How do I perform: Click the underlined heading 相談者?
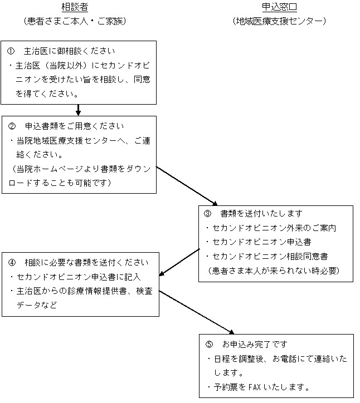(75, 7)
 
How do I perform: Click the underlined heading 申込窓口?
(279, 7)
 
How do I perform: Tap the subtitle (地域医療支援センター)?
(279, 21)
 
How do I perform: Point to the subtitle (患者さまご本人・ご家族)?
(75, 21)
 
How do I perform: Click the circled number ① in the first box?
(11, 51)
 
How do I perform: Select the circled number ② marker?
(12, 126)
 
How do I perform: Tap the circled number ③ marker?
(207, 214)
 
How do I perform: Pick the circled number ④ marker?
(12, 262)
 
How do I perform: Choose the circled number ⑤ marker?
(209, 344)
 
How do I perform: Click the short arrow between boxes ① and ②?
(78, 110)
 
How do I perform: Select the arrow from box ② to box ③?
(187, 186)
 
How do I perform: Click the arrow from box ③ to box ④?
(179, 262)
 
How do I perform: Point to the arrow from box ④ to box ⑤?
(196, 312)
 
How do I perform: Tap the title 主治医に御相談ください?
(69, 51)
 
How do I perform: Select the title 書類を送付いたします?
(261, 214)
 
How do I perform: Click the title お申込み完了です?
(255, 344)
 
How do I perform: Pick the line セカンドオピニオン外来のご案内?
(274, 228)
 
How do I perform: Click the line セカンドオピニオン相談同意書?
(270, 256)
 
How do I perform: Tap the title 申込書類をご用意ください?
(75, 126)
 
